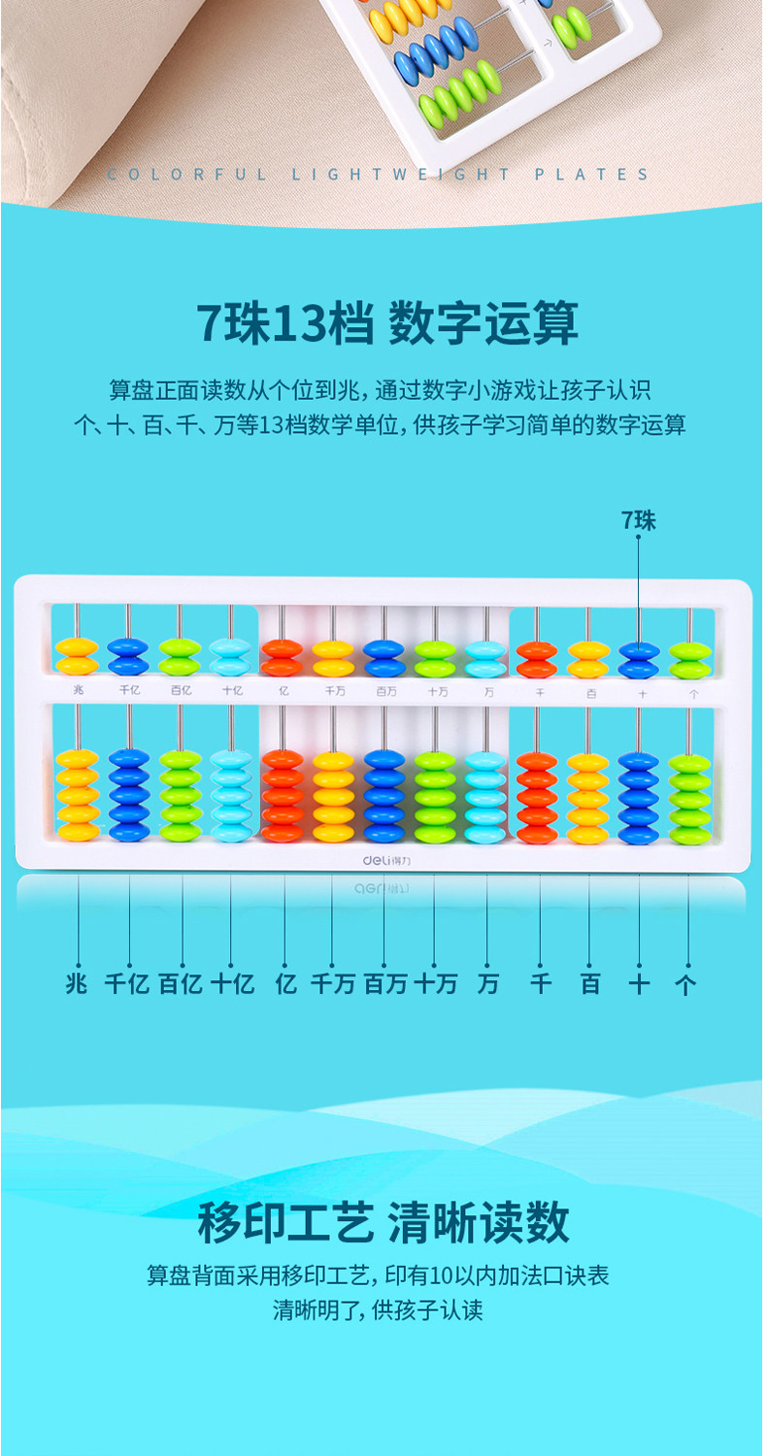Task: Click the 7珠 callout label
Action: coord(639,520)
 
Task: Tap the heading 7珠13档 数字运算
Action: coord(386,323)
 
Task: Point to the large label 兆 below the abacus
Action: coord(76,983)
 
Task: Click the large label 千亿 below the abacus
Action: coord(127,983)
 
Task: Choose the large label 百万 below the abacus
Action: coord(384,983)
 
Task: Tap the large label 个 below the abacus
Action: coord(685,983)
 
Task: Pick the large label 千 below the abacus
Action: coord(540,983)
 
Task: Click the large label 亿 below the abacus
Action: coord(285,983)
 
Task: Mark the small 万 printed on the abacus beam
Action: coord(487,692)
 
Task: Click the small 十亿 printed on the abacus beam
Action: coord(232,692)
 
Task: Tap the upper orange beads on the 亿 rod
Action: coord(282,657)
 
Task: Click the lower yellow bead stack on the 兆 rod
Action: coord(77,795)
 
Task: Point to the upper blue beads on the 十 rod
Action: coord(639,658)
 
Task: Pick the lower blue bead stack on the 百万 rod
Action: coord(384,795)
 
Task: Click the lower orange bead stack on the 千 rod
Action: coord(537,795)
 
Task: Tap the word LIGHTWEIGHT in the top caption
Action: coord(402,175)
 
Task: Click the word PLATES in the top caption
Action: coord(591,175)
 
